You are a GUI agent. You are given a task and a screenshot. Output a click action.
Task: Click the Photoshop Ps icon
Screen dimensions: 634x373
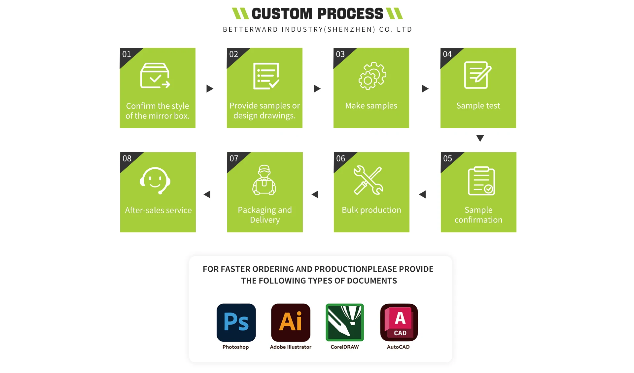pyautogui.click(x=236, y=322)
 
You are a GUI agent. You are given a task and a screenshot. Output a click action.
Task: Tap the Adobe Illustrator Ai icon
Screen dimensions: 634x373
pyautogui.click(x=291, y=322)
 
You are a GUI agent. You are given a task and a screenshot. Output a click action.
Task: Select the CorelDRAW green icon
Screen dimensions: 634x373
pyautogui.click(x=345, y=322)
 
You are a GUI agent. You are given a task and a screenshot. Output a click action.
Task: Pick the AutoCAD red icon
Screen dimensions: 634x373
pyautogui.click(x=399, y=322)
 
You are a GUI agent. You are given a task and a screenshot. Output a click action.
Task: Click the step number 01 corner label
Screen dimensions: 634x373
pyautogui.click(x=127, y=54)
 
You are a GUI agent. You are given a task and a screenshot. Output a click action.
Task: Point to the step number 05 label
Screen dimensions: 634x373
pyautogui.click(x=448, y=159)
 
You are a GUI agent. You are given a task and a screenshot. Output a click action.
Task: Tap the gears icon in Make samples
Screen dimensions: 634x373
pyautogui.click(x=372, y=76)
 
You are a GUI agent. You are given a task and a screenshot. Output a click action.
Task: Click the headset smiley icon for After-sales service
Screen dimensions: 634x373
pyautogui.click(x=155, y=181)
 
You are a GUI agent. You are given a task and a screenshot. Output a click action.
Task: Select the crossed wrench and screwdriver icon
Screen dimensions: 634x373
pyautogui.click(x=368, y=180)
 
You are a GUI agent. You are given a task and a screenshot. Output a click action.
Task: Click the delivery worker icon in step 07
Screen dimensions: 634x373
pyautogui.click(x=264, y=180)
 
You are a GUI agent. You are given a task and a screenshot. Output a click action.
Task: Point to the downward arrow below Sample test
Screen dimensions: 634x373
pyautogui.click(x=480, y=138)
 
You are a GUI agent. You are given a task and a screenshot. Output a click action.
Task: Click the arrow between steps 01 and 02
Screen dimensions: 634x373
pyautogui.click(x=210, y=88)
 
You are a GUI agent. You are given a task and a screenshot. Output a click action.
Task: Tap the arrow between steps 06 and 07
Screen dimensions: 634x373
pyautogui.click(x=315, y=194)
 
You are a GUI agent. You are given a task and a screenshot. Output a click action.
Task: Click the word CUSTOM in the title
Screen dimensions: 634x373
pyautogui.click(x=282, y=14)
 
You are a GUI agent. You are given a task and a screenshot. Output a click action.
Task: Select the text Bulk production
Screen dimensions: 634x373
pyautogui.click(x=371, y=210)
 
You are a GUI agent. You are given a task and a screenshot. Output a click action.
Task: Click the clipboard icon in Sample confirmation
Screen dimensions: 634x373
pyautogui.click(x=481, y=181)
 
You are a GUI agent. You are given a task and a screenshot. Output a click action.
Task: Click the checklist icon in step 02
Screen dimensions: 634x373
pyautogui.click(x=266, y=76)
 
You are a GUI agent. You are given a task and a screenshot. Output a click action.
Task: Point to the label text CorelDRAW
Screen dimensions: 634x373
pyautogui.click(x=344, y=347)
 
